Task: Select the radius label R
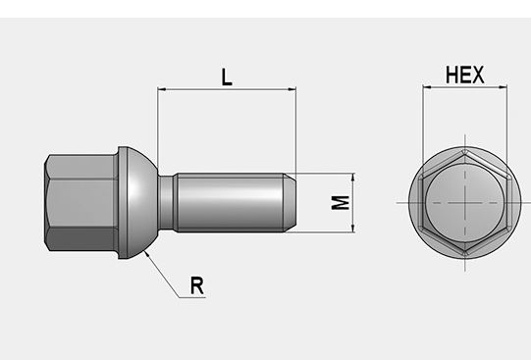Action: click(x=196, y=285)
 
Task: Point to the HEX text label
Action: click(x=464, y=75)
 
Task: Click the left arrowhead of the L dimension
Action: click(x=162, y=90)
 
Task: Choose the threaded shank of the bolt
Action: click(x=231, y=203)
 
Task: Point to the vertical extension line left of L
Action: click(x=158, y=118)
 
